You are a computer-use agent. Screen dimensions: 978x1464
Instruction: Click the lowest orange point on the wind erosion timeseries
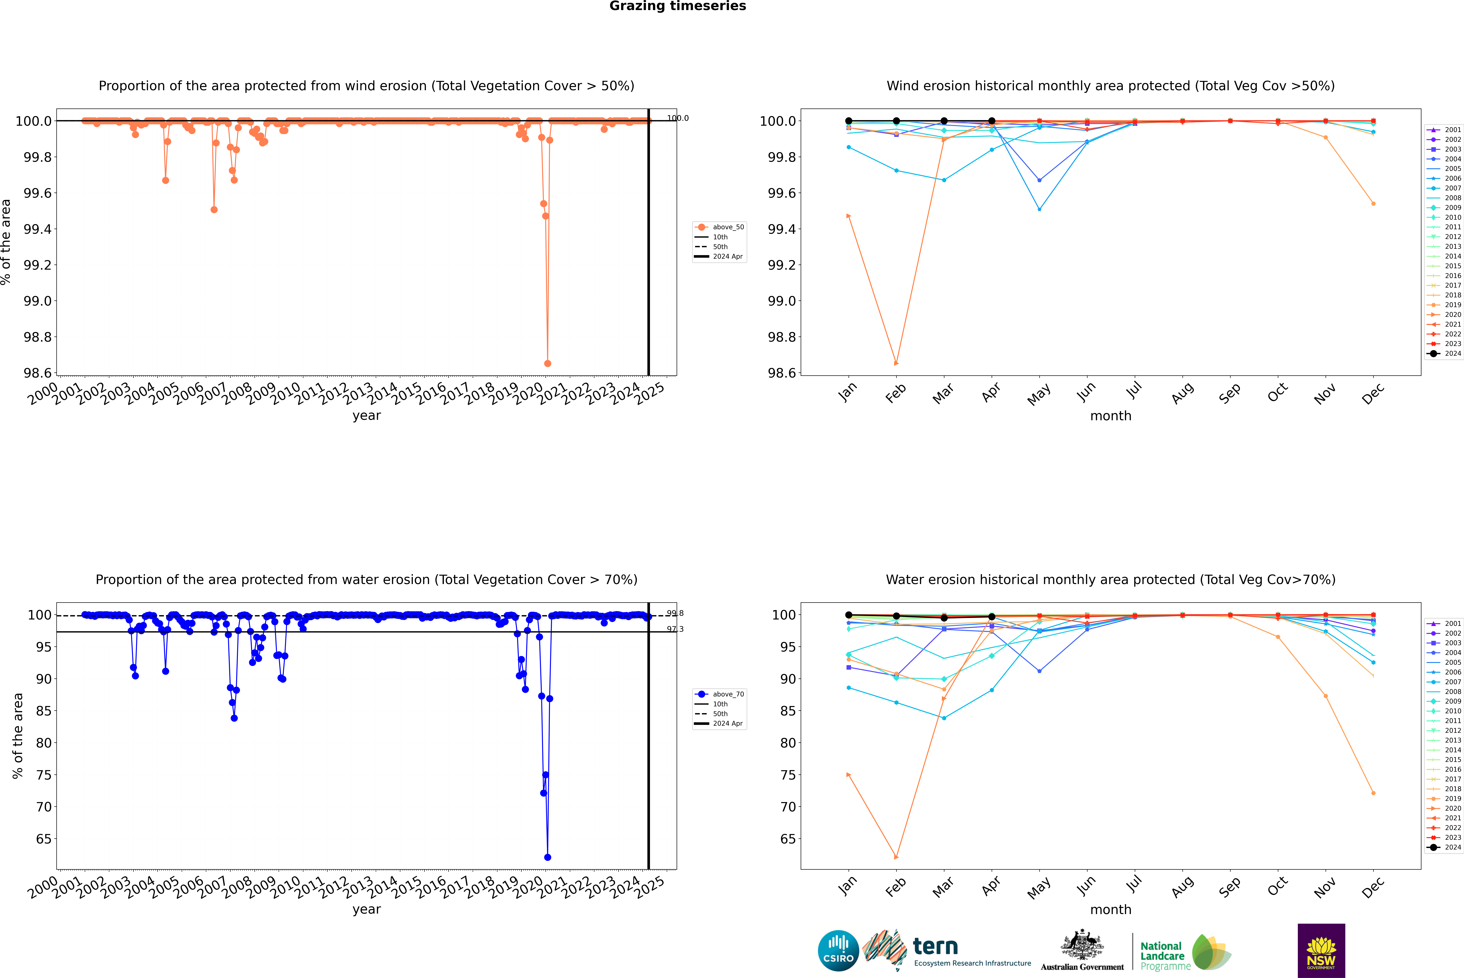click(547, 363)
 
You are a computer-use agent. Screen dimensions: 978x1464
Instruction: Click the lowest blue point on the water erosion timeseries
click(547, 857)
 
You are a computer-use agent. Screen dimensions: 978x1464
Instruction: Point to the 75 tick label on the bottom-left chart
click(44, 775)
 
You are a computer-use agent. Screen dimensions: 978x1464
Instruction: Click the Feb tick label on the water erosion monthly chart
click(895, 887)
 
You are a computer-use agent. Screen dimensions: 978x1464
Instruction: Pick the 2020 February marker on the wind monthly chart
click(896, 363)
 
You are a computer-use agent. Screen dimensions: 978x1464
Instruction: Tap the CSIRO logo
click(838, 951)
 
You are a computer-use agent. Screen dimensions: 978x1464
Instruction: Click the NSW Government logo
click(1321, 951)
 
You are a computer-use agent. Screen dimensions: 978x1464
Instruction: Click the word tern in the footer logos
click(935, 946)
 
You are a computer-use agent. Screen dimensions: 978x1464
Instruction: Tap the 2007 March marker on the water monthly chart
click(943, 718)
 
